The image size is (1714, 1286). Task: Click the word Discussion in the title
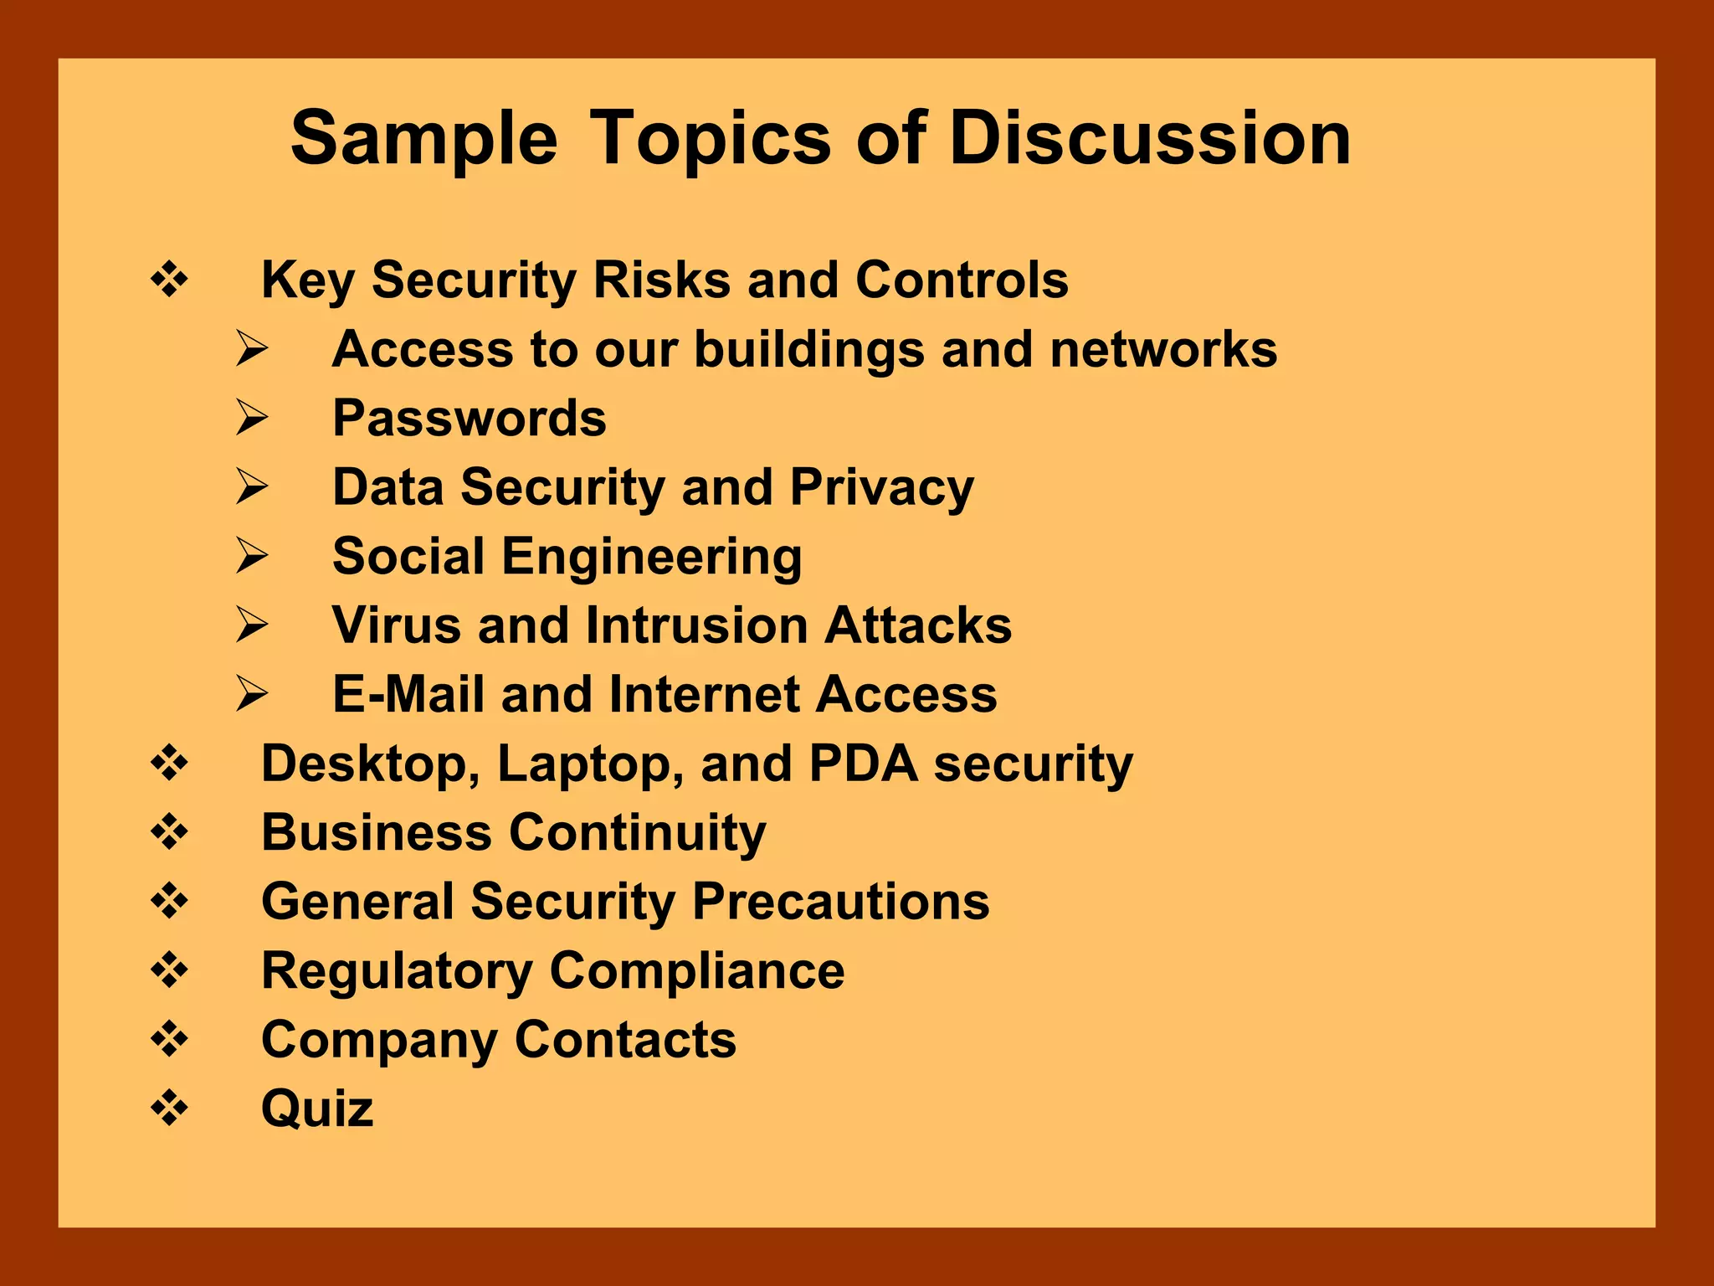point(1150,138)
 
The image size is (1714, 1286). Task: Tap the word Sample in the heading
point(423,138)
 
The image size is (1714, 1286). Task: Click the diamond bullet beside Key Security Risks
point(170,280)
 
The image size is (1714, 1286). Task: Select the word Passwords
point(470,418)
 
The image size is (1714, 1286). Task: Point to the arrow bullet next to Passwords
point(251,418)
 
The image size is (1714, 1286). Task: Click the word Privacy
point(882,488)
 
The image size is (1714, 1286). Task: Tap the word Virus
point(397,625)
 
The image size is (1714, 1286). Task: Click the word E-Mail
point(408,695)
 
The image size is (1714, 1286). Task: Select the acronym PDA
point(863,764)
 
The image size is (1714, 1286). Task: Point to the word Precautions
point(841,902)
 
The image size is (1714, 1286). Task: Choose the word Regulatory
point(397,972)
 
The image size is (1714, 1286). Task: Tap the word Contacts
point(625,1040)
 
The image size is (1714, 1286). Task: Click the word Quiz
point(317,1109)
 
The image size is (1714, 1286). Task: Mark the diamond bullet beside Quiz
point(170,1109)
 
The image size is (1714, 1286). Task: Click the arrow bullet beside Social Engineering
point(251,556)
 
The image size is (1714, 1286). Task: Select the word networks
point(1163,349)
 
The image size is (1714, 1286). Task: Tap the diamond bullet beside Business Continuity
point(170,833)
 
